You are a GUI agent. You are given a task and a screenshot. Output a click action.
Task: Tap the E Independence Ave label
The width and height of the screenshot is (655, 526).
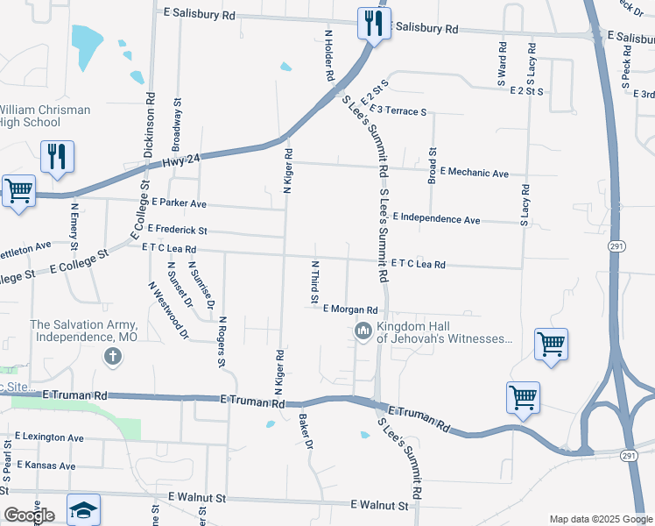(436, 219)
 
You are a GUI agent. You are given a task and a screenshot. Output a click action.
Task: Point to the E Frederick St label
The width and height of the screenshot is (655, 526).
(177, 230)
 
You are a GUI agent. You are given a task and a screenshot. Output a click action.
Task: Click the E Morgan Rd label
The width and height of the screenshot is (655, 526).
(350, 309)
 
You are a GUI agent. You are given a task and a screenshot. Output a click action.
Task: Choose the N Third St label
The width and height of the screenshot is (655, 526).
(314, 282)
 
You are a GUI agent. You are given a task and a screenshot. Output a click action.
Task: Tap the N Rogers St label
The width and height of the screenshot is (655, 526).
(222, 341)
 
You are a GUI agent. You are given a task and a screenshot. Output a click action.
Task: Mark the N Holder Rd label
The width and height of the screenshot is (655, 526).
(329, 54)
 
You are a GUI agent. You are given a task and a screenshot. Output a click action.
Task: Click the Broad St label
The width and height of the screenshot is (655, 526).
(433, 165)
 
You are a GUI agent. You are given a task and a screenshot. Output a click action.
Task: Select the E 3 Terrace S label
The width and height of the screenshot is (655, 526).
(398, 110)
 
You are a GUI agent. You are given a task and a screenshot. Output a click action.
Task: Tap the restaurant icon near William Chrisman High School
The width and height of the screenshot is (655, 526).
(57, 157)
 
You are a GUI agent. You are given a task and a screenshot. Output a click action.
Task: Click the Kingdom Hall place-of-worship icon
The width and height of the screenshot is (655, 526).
(363, 331)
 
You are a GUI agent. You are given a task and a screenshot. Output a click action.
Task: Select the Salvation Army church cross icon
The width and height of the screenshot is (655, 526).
(112, 357)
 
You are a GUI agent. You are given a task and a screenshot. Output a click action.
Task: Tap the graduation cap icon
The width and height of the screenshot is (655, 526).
(83, 510)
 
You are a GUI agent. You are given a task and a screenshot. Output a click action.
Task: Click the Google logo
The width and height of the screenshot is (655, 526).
(29, 515)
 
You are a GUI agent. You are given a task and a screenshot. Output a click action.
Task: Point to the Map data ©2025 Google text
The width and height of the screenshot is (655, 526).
(600, 518)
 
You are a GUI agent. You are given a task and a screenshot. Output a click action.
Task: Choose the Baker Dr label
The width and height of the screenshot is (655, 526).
(306, 431)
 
